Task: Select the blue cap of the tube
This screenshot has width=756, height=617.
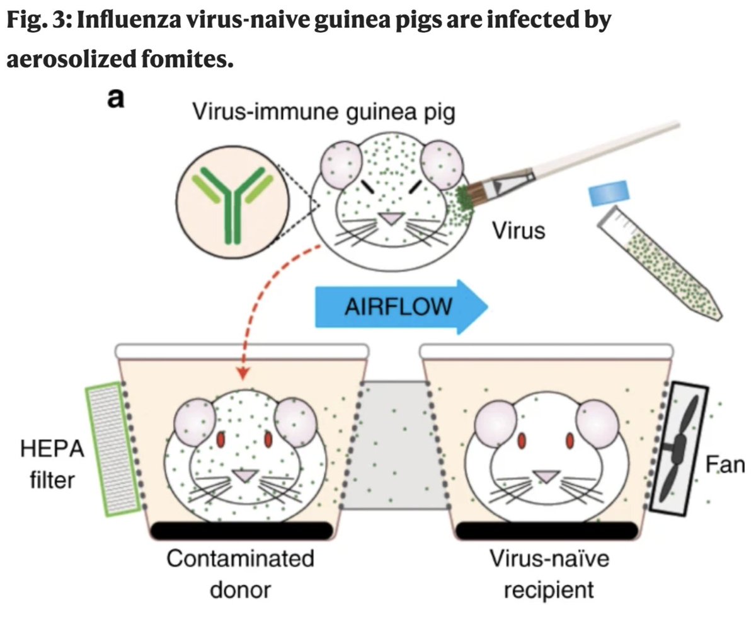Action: [609, 193]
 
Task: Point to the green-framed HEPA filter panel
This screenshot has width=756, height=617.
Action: [112, 449]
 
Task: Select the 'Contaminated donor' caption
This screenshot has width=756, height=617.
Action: [239, 574]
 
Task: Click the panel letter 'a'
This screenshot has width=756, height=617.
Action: [114, 100]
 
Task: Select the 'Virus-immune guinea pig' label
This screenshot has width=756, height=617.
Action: [324, 113]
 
